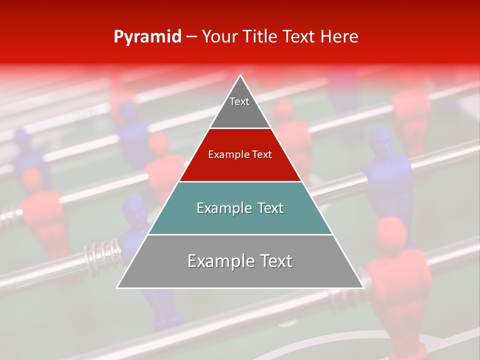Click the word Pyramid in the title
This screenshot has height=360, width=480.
[x=147, y=37]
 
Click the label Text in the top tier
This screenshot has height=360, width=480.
[x=239, y=101]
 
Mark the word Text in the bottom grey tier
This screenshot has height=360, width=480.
[x=276, y=261]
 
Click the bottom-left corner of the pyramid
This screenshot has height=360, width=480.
[x=117, y=288]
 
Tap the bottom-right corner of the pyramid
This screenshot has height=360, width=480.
[x=363, y=288]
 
